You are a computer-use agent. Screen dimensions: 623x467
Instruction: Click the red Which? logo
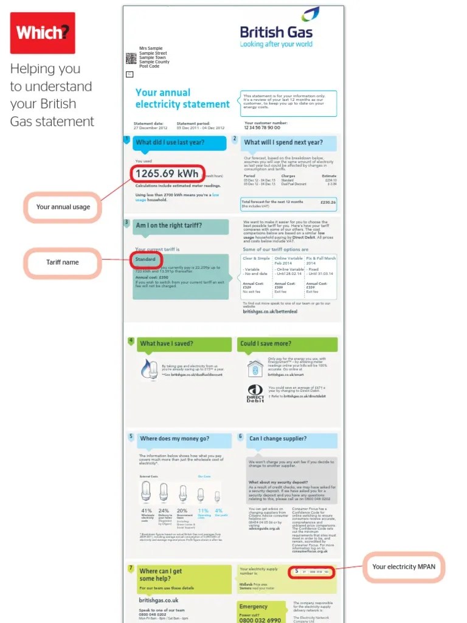(x=43, y=33)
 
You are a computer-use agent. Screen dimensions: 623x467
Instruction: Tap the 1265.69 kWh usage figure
(x=167, y=174)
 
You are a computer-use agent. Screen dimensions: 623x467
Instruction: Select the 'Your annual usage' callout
(x=63, y=207)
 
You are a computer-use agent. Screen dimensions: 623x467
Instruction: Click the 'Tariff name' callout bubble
(x=63, y=262)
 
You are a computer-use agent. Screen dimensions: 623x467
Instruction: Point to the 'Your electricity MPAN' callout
(x=404, y=567)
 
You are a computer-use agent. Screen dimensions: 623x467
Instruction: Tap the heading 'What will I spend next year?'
(x=283, y=143)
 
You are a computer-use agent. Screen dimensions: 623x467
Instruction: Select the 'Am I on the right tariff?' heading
(x=169, y=226)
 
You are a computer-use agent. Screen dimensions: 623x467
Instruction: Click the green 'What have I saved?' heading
(x=167, y=344)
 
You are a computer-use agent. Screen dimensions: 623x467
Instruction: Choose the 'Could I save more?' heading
(x=266, y=344)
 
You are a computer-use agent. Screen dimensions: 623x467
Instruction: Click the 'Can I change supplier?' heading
(x=278, y=438)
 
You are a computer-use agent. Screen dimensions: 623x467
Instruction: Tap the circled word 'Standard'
(x=145, y=260)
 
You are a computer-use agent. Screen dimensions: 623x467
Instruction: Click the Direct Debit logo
(x=255, y=394)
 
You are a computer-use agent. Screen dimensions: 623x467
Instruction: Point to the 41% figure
(x=146, y=510)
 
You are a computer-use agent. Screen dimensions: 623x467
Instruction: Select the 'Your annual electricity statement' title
(x=182, y=99)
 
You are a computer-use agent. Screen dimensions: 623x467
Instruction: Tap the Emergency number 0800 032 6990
(x=260, y=620)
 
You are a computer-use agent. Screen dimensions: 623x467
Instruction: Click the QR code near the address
(x=130, y=58)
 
